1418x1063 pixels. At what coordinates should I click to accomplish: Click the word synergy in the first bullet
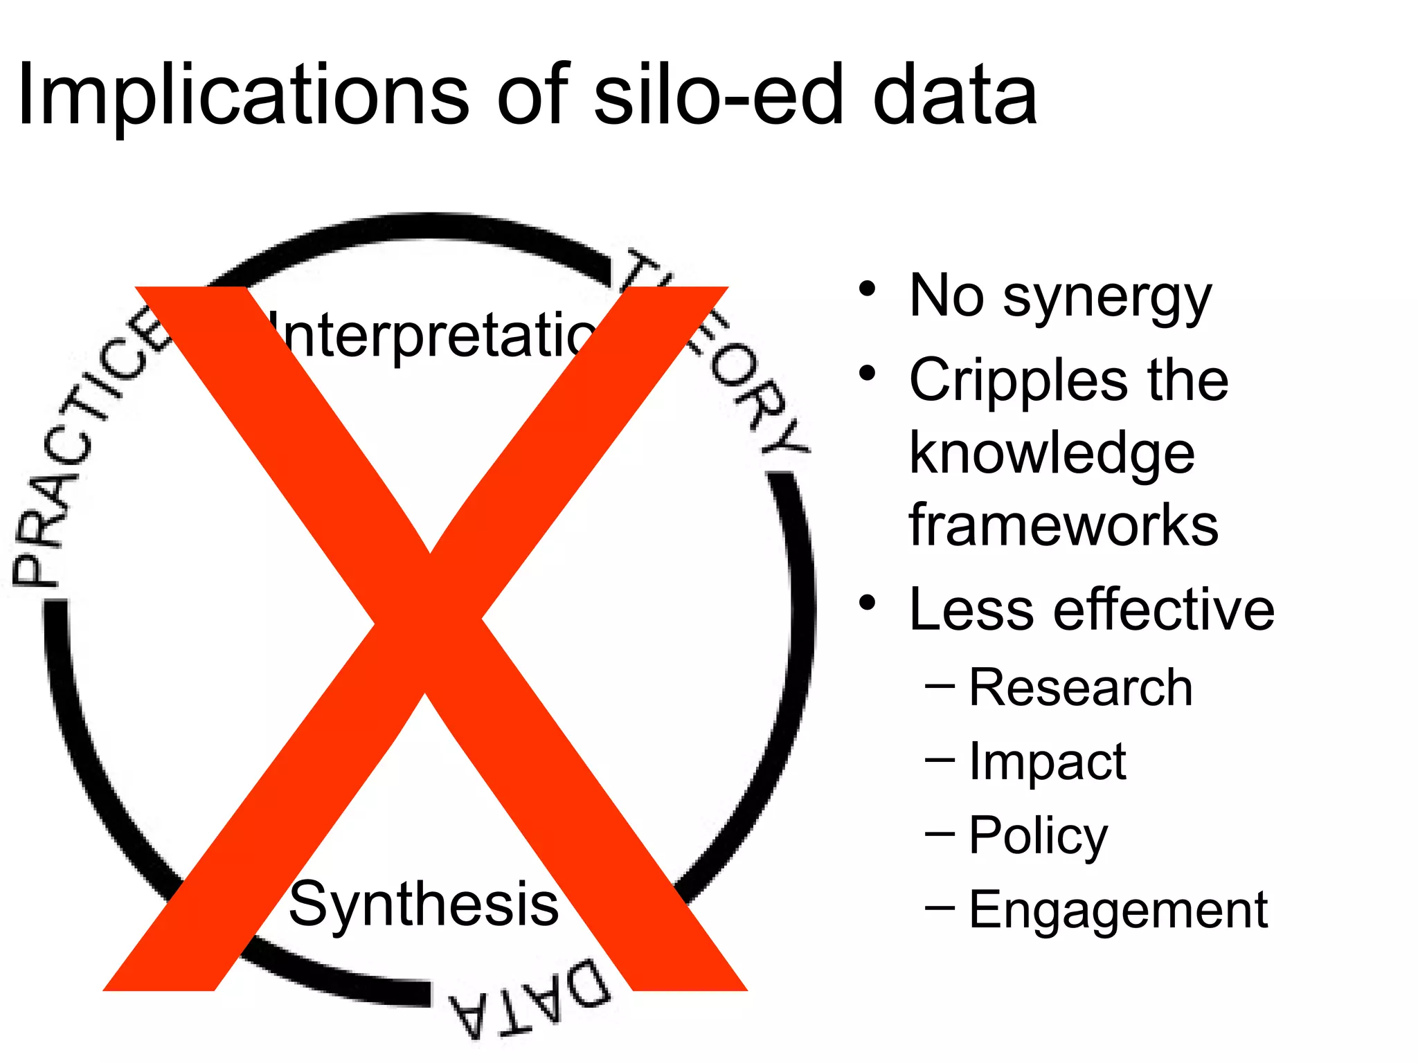point(1107,298)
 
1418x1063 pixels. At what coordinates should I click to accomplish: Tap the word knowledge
point(1052,454)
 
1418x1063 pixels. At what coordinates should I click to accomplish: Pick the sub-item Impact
point(1047,761)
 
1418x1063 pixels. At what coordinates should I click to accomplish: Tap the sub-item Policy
point(1038,836)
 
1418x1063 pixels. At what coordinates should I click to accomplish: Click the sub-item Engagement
point(1118,909)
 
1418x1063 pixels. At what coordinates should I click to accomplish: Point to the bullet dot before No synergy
point(867,289)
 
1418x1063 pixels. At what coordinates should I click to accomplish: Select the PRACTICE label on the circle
point(83,450)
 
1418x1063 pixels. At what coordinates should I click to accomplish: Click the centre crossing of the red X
point(427,623)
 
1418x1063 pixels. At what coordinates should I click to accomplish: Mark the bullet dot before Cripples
point(867,374)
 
